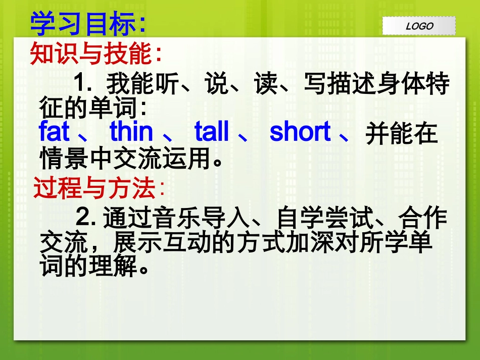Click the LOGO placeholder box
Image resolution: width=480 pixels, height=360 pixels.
(x=419, y=26)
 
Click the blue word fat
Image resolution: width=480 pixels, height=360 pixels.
(x=54, y=132)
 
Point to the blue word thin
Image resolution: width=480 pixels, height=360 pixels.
(x=131, y=132)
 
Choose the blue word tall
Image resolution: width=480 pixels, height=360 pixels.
(x=212, y=132)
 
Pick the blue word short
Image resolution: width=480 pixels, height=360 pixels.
(x=300, y=132)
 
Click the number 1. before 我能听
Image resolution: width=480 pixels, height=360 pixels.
(x=83, y=83)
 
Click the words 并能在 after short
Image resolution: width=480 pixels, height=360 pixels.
(x=401, y=134)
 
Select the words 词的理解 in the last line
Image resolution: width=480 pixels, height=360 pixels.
(x=88, y=267)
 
